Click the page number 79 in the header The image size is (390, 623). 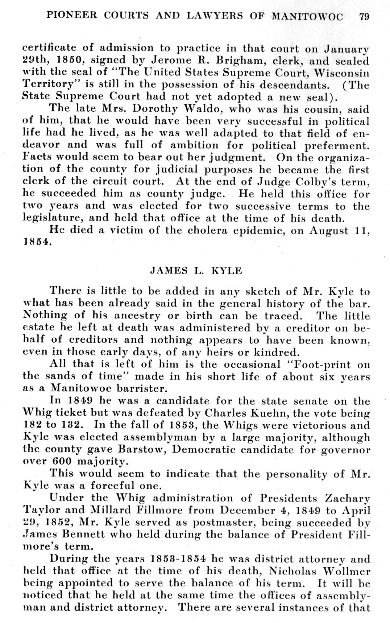pos(364,16)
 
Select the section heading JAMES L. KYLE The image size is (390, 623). pos(196,271)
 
